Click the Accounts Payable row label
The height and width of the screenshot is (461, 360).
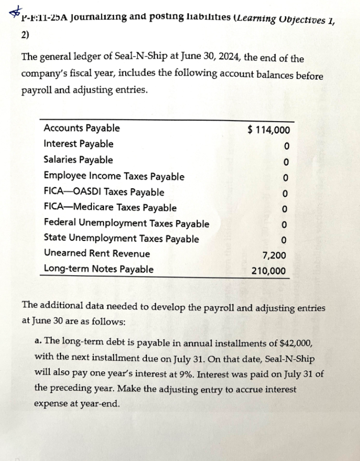(81, 128)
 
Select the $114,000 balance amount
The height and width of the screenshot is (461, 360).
(269, 130)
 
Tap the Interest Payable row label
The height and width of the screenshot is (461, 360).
(78, 144)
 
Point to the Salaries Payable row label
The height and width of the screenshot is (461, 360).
(78, 160)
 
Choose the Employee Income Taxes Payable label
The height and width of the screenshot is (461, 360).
(114, 176)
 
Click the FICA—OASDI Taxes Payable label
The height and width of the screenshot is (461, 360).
(104, 192)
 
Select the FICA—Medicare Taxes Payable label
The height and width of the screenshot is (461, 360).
(110, 208)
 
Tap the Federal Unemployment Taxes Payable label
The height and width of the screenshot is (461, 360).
(126, 224)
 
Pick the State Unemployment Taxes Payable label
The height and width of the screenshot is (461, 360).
(121, 239)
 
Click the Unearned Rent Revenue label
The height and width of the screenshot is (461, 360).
(97, 253)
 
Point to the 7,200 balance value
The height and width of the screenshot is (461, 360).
(274, 255)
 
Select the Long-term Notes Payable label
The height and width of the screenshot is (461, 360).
(98, 269)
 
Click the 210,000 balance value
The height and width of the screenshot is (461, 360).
(268, 271)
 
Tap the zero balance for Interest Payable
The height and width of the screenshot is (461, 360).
(287, 146)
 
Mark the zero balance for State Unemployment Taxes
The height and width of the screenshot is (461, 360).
(284, 240)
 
